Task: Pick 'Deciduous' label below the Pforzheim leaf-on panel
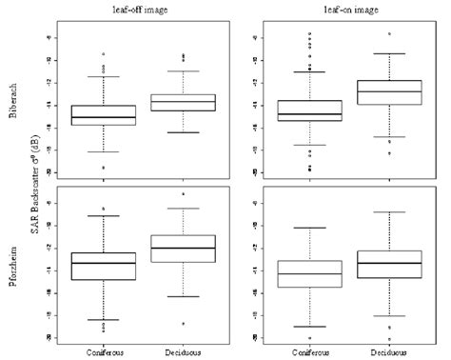click(389, 350)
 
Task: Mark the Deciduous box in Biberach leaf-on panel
click(389, 92)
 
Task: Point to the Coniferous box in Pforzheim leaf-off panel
click(103, 266)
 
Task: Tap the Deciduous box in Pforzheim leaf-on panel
click(389, 264)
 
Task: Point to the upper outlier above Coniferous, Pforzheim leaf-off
click(103, 209)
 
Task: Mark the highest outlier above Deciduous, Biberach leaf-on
click(389, 33)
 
